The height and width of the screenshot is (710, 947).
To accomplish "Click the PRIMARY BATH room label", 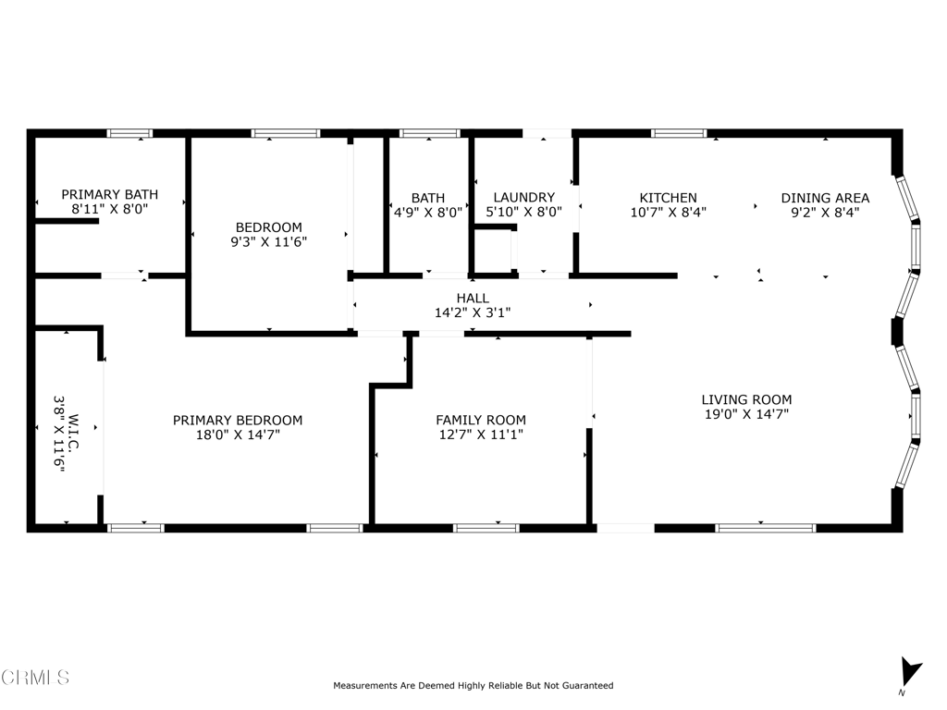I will pos(109,195).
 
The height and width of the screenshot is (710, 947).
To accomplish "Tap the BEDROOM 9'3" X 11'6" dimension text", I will pos(268,242).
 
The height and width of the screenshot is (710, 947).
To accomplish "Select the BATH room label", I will pos(428,198).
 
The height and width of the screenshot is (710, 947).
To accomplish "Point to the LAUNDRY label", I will pos(523,198).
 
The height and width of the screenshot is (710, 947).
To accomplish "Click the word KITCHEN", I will pos(668,198).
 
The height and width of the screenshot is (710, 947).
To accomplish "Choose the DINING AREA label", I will pos(825,198).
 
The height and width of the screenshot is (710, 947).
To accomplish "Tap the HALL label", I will pos(473,298).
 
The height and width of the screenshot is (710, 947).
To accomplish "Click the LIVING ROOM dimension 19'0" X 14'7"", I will pos(746,415).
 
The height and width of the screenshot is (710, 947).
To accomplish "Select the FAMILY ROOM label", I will pos(481,420).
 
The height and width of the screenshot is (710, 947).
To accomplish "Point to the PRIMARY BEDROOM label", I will pos(238,420).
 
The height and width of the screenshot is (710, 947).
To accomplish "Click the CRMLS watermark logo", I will pos(35,678).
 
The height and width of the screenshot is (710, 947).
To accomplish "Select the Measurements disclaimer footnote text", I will pos(473,686).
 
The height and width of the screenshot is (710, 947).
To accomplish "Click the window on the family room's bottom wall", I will pos(486,528).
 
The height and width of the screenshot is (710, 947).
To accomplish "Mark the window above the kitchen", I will pos(679,133).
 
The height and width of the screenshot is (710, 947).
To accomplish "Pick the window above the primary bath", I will pos(130,133).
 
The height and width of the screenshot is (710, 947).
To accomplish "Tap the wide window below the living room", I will pos(766,528).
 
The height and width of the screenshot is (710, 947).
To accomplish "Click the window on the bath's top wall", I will pos(429,133).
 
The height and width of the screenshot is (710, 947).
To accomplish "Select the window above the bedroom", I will pos(286,133).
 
